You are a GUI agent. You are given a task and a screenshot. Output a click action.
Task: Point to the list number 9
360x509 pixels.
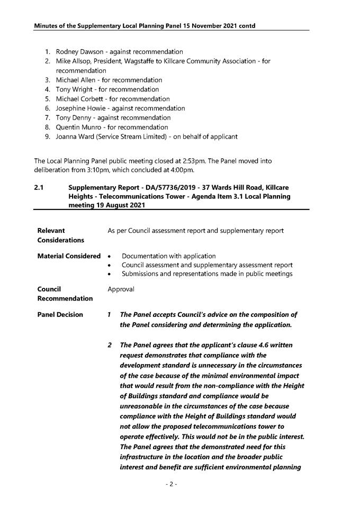47,137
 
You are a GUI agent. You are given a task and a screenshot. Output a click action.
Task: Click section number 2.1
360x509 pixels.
39,188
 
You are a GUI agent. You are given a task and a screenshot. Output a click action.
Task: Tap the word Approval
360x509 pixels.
121,289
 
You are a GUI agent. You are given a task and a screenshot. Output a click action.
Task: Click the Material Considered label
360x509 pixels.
69,256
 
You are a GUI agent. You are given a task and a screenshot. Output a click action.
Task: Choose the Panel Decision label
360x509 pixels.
60,314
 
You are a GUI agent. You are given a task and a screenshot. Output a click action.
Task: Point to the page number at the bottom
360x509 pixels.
171,484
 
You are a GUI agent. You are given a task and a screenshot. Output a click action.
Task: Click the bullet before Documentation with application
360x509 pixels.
109,257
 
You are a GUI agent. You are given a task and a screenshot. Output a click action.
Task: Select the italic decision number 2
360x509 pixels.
110,345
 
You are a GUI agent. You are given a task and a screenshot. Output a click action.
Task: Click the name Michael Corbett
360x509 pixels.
80,99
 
